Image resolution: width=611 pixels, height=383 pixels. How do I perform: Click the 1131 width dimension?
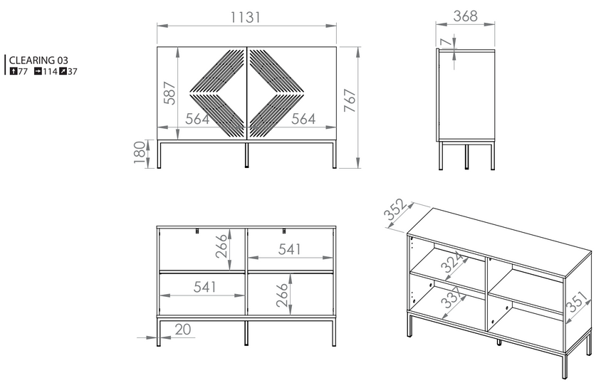coord(246,17)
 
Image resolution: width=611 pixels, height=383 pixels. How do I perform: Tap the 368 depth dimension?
coord(465,16)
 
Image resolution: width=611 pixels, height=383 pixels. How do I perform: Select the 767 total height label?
coord(350,100)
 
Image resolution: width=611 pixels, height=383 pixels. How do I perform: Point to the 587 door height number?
coord(169,93)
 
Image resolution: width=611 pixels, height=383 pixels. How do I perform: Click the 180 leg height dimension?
coord(139,152)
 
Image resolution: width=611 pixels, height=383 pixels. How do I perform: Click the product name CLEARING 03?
coord(38,61)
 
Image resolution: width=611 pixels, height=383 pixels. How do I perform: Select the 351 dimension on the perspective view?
coord(578,301)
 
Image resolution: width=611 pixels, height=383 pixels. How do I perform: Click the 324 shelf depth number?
coord(452,262)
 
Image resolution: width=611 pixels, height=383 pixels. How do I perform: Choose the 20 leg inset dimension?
coord(183,329)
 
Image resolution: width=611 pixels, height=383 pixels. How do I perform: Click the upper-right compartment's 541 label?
coord(290,249)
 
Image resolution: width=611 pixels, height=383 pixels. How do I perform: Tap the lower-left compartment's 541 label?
coord(204,287)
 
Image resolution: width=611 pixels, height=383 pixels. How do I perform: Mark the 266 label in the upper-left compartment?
coord(221,246)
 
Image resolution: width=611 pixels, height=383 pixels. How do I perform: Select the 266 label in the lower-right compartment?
coord(282,295)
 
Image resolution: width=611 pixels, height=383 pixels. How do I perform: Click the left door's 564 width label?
coord(197,119)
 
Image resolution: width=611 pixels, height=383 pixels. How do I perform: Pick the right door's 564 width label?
coord(303,119)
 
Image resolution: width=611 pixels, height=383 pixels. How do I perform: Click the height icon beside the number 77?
coord(14,71)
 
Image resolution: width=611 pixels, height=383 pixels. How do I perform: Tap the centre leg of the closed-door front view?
coord(246,155)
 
